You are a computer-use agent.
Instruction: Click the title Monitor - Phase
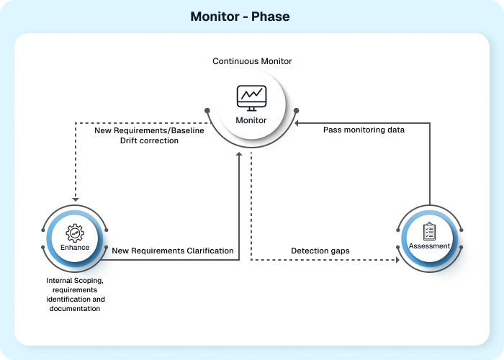pos(240,17)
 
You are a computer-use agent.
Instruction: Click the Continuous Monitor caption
pos(252,61)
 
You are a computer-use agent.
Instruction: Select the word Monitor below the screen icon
pos(252,120)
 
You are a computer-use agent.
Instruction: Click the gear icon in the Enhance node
pos(75,232)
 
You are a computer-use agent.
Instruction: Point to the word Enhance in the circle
pos(75,248)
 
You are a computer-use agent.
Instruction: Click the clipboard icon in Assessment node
pos(429,231)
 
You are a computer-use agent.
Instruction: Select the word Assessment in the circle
pos(429,246)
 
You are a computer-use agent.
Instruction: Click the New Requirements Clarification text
pos(173,251)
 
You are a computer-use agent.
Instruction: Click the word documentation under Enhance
pos(75,308)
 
